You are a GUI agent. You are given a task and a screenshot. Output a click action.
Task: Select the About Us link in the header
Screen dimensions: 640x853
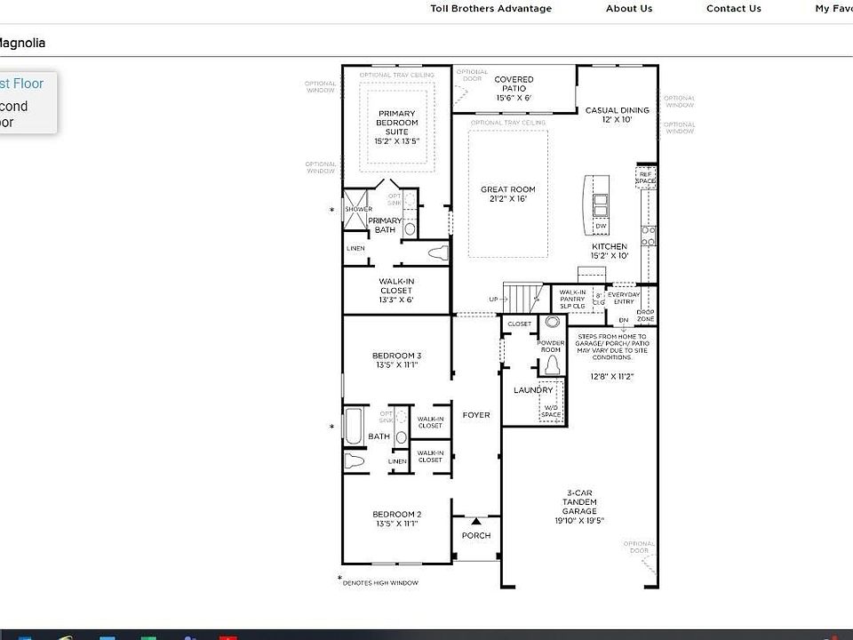(x=629, y=9)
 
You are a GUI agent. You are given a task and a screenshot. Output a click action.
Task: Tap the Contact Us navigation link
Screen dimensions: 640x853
(x=733, y=9)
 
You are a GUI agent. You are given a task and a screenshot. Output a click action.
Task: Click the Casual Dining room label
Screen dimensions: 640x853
(x=617, y=115)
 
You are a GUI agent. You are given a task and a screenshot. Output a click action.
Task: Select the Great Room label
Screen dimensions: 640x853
(x=507, y=194)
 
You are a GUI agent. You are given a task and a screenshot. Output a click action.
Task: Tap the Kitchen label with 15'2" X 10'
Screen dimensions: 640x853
(x=610, y=251)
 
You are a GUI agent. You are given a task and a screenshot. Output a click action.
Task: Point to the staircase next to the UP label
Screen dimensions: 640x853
(x=522, y=295)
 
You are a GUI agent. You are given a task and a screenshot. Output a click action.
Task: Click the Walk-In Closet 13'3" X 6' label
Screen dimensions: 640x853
(x=396, y=291)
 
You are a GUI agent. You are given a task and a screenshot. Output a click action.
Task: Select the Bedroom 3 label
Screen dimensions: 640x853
(x=396, y=360)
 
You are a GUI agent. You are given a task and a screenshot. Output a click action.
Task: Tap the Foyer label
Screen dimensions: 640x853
(x=476, y=415)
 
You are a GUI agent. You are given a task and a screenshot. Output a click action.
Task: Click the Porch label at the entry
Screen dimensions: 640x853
(x=475, y=535)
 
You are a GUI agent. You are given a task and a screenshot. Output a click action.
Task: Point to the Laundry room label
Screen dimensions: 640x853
(x=533, y=390)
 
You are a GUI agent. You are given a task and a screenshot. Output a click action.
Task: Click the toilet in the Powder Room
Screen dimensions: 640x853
(x=552, y=364)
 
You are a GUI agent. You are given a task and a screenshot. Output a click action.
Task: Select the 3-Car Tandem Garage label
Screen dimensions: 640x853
(x=579, y=507)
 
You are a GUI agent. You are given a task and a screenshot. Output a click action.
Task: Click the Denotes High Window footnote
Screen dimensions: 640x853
(x=380, y=582)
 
